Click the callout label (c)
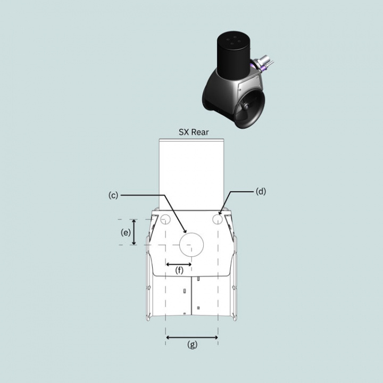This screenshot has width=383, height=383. pyautogui.click(x=113, y=195)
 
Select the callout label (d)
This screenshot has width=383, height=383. pyautogui.click(x=260, y=191)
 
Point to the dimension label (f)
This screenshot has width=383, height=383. pyautogui.click(x=179, y=271)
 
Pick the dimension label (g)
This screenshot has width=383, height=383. pyautogui.click(x=192, y=345)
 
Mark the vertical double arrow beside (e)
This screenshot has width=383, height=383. pyautogui.click(x=134, y=232)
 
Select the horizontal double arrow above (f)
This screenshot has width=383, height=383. pyautogui.click(x=179, y=263)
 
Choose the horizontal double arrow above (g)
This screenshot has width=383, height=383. pyautogui.click(x=192, y=337)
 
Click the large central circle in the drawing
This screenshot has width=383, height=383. pyautogui.click(x=192, y=245)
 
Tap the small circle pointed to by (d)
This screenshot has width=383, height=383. pyautogui.click(x=217, y=219)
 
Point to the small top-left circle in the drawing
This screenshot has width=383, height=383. pyautogui.click(x=165, y=219)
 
